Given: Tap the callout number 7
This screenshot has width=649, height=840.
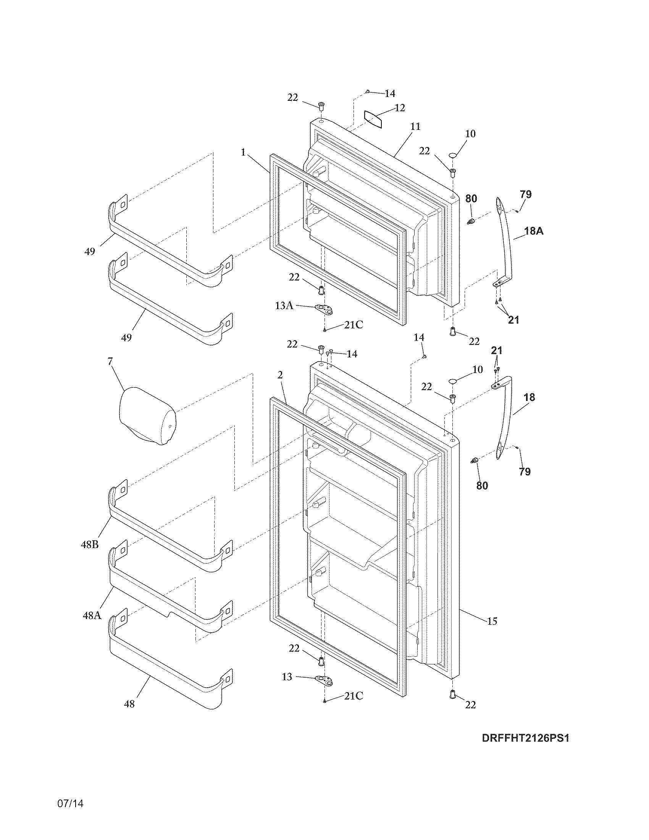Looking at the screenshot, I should [110, 361].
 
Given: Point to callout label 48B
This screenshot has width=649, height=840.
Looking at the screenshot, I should [90, 544].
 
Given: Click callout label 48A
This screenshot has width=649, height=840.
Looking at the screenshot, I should [92, 615].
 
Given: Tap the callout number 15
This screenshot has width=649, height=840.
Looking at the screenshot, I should [492, 621].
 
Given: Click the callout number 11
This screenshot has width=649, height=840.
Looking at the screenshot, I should [415, 126].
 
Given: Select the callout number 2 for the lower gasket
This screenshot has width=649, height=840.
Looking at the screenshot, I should [280, 375].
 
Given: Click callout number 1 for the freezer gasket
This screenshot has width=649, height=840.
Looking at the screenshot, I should [243, 152].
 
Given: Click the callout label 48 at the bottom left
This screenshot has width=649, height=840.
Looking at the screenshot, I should [129, 704].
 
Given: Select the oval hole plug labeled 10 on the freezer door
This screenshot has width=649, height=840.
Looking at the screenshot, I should [453, 155].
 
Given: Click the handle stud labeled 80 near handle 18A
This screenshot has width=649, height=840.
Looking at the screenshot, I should [470, 221].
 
